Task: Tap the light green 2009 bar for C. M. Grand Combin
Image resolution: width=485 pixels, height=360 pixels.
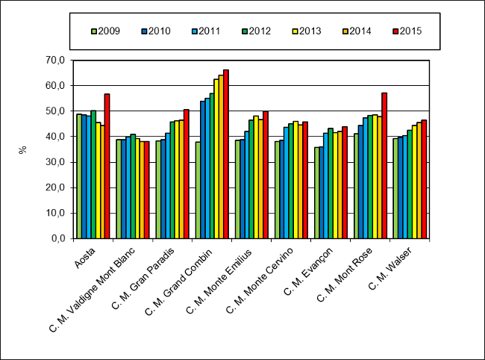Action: (x=198, y=190)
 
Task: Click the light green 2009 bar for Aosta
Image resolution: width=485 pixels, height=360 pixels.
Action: (x=79, y=176)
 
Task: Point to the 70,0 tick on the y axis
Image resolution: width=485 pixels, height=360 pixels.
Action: (x=57, y=60)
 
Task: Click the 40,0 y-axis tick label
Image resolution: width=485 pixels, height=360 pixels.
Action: (x=57, y=137)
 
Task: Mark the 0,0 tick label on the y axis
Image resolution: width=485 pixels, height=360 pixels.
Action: (x=60, y=239)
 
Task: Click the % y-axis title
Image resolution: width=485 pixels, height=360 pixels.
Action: (x=23, y=149)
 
